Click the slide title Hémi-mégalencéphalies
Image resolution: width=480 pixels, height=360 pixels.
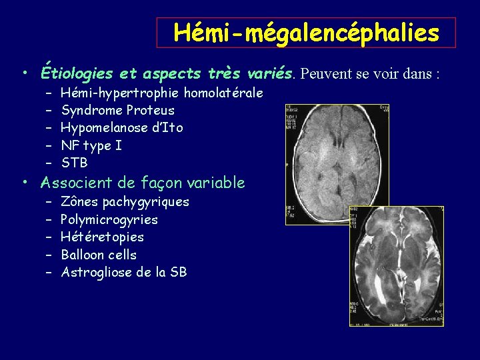click(x=306, y=33)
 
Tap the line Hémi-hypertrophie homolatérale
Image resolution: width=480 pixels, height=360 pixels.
click(x=161, y=93)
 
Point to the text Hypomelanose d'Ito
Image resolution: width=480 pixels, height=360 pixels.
click(x=121, y=127)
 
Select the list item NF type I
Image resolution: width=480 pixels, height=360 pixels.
click(x=91, y=145)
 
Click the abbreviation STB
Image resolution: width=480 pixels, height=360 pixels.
click(x=74, y=163)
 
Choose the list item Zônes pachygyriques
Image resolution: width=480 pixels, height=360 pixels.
click(x=125, y=201)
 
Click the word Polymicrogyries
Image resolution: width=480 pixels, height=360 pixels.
click(x=109, y=219)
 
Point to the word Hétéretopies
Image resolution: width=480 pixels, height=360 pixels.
click(x=102, y=237)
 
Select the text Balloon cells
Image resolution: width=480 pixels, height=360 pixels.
click(x=98, y=255)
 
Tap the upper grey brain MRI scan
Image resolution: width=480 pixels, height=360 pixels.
click(x=337, y=164)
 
